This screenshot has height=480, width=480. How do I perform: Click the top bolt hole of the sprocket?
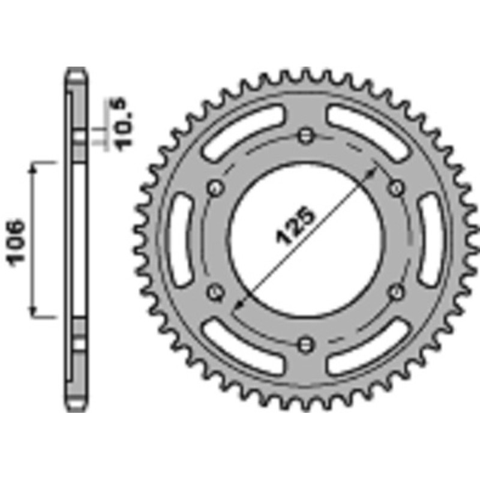pyautogui.click(x=306, y=134)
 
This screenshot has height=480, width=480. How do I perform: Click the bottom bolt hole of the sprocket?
pyautogui.click(x=306, y=344)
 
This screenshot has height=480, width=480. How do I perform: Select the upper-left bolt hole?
pyautogui.click(x=215, y=187)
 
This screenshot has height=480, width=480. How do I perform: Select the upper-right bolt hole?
pyautogui.click(x=397, y=187)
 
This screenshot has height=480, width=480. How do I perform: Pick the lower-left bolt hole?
pyautogui.click(x=215, y=292)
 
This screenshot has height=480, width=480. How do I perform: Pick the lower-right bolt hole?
pyautogui.click(x=397, y=292)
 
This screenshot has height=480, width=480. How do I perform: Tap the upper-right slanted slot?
pyautogui.click(x=370, y=131)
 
